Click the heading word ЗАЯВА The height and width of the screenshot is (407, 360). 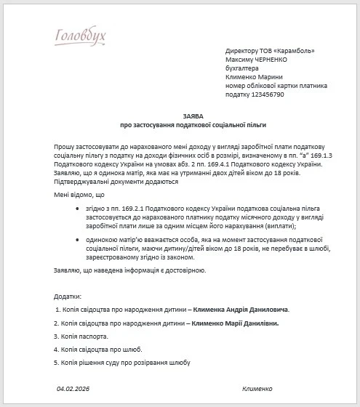click(x=193, y=116)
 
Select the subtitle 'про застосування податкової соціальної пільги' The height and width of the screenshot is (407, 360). click(x=193, y=125)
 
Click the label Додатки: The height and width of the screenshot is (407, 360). click(x=68, y=297)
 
